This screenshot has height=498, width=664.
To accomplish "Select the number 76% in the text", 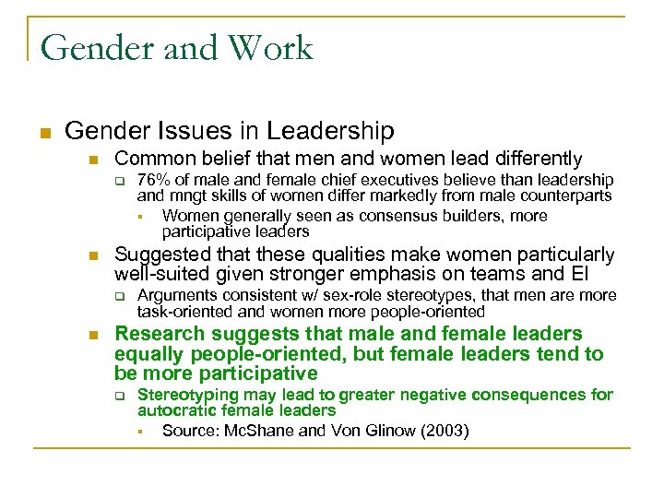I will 153,179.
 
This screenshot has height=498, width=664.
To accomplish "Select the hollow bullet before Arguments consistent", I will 119,296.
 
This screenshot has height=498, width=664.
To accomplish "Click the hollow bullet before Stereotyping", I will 119,396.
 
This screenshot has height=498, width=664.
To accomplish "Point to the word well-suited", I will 163,274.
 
